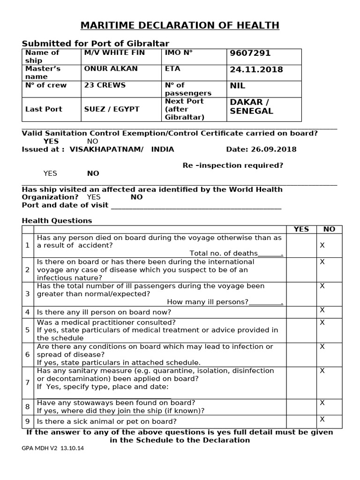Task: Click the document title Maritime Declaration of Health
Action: click(x=180, y=25)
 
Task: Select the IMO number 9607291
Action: click(x=250, y=53)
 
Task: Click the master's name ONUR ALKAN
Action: click(x=111, y=68)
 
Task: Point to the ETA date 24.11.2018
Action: click(x=256, y=69)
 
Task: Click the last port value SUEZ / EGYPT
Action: click(x=112, y=109)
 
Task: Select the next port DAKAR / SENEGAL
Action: click(x=251, y=106)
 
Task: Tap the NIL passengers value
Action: click(x=237, y=86)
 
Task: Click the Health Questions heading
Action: click(x=57, y=220)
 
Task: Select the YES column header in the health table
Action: click(x=301, y=229)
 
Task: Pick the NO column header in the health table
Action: click(x=330, y=229)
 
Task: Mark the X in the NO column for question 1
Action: click(x=322, y=245)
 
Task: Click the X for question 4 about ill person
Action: click(x=322, y=310)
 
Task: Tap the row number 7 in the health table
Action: click(x=27, y=382)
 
